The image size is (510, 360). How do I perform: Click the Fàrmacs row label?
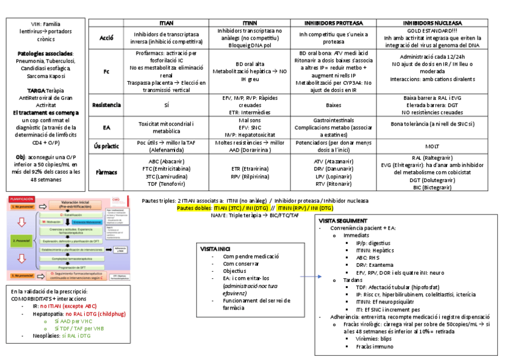(x=106, y=172)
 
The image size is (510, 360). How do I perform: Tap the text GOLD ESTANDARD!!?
(x=432, y=30)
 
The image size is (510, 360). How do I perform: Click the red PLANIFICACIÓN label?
(x=22, y=198)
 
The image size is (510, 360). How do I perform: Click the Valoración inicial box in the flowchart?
(x=75, y=204)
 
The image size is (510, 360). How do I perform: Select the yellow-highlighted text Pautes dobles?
(x=194, y=208)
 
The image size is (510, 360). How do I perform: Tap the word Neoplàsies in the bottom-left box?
(x=46, y=336)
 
